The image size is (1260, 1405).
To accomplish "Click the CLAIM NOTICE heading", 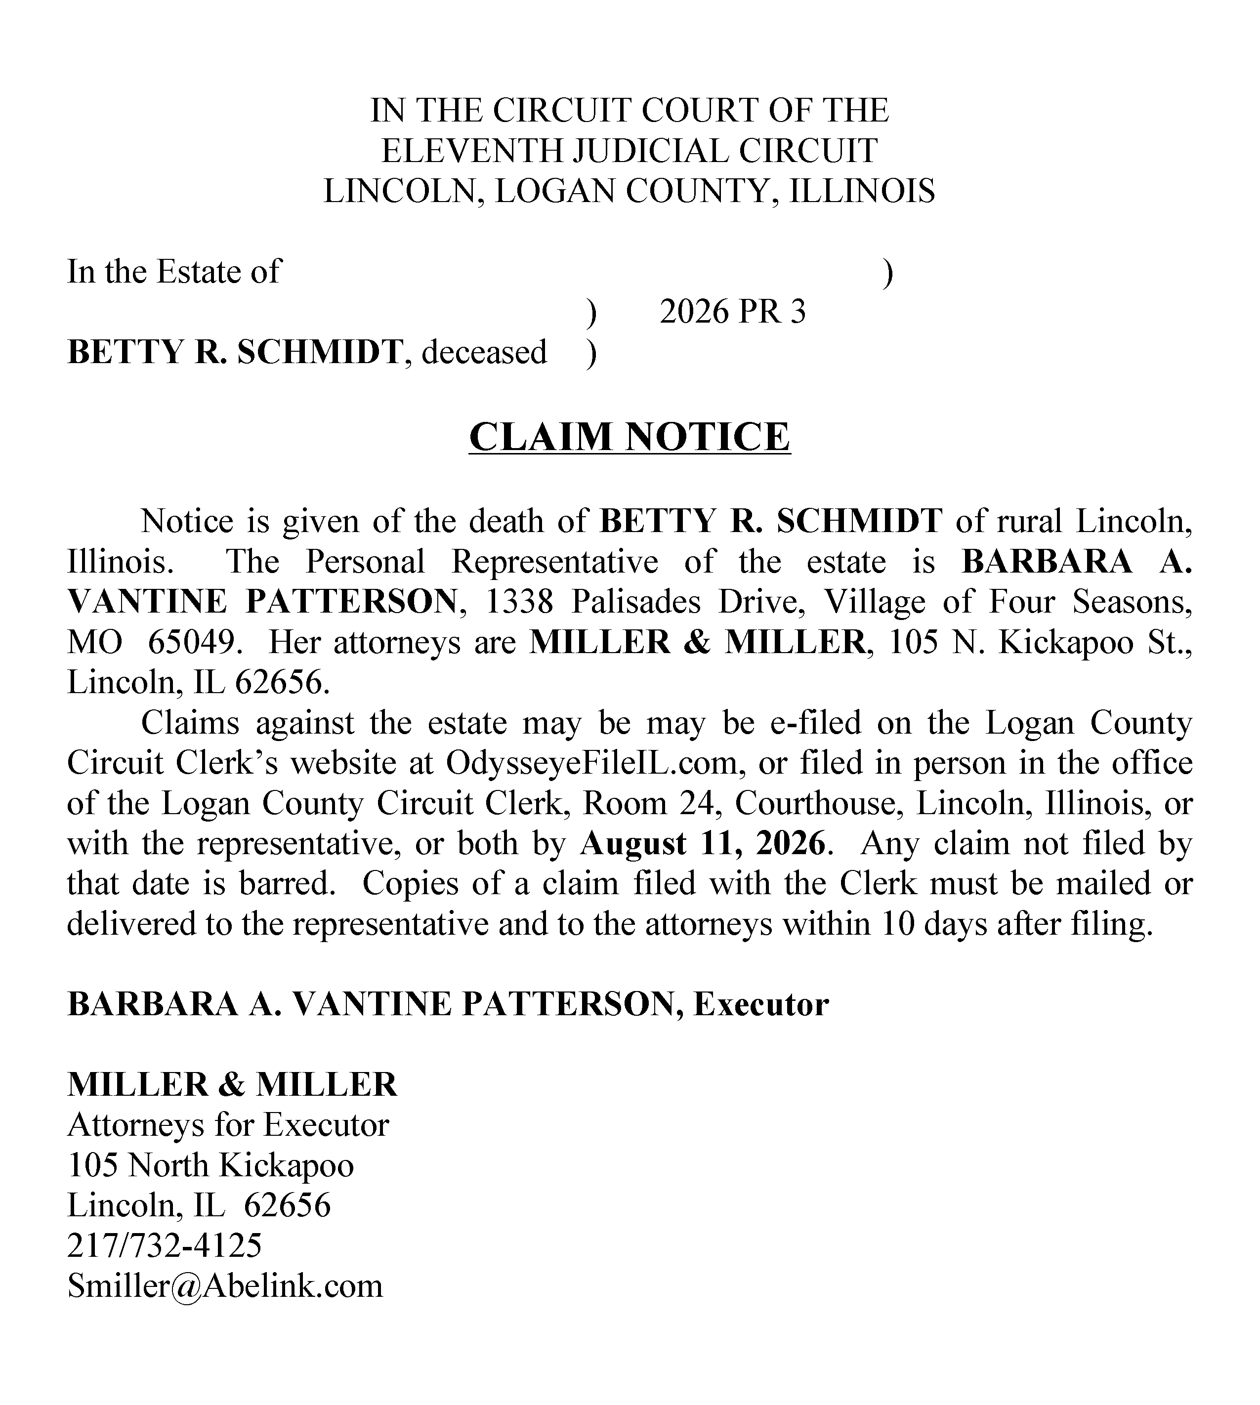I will (630, 437).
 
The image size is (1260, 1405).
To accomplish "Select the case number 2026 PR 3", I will (732, 312).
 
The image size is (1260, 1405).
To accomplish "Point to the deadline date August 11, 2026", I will (704, 844).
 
